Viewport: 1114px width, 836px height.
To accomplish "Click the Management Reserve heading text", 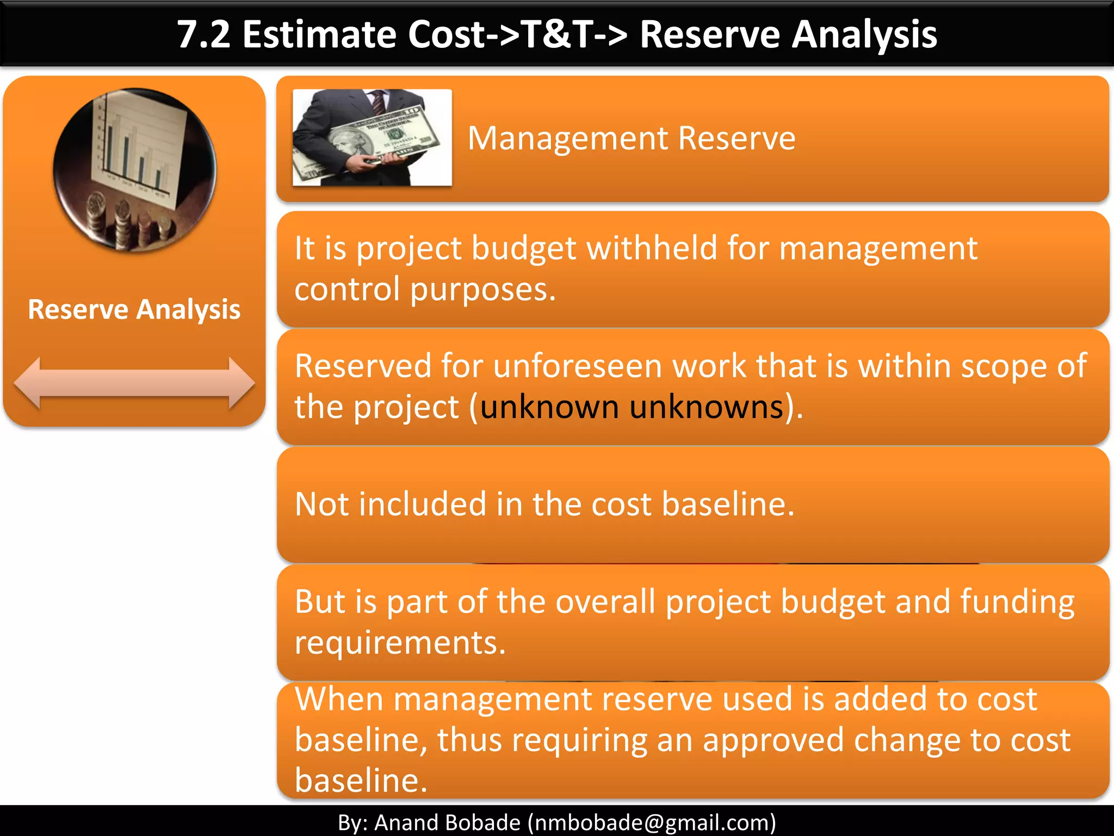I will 632,138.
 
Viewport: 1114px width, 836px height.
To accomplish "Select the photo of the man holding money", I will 372,138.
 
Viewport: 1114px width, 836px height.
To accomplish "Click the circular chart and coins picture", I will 135,170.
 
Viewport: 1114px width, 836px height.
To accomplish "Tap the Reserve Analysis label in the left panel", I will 134,310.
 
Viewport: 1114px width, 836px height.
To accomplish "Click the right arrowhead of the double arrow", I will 241,383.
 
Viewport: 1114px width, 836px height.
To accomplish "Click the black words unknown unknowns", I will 631,407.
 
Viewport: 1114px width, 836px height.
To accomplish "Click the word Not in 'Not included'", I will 321,504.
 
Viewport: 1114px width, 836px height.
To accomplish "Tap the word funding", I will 1017,602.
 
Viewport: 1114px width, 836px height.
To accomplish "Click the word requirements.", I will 400,643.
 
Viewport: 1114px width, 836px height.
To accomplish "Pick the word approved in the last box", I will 773,740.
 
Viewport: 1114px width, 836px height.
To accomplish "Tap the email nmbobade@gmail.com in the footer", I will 652,822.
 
